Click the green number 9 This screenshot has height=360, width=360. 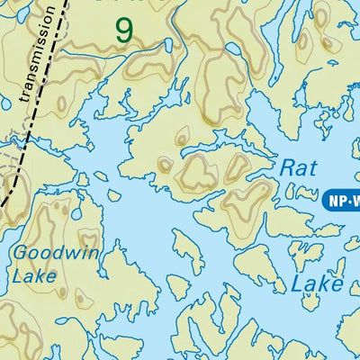[124, 30]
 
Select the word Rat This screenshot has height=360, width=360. [298, 167]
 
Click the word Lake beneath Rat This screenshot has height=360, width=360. [317, 284]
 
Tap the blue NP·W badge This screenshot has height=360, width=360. [341, 201]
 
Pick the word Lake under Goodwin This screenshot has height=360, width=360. [34, 275]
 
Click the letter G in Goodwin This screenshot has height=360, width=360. [19, 254]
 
